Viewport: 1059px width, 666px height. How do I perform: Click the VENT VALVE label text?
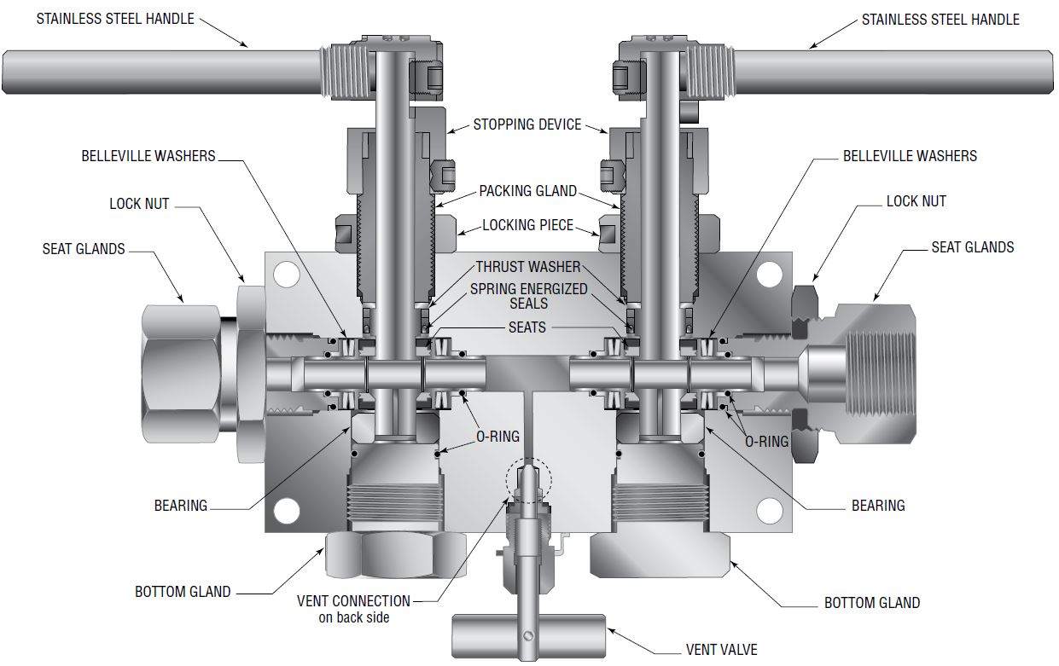[x=721, y=649]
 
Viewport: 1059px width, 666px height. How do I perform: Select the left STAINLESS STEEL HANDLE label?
[x=115, y=18]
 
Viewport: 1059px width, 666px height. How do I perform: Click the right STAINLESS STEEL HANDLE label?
[x=940, y=19]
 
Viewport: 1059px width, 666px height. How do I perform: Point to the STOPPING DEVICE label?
[x=527, y=125]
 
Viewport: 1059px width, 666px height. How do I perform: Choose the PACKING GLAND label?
[x=527, y=190]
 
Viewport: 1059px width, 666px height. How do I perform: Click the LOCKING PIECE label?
[x=527, y=225]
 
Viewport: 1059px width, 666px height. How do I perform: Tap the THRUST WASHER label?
[x=527, y=267]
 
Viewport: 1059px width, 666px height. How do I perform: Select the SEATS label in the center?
[x=527, y=327]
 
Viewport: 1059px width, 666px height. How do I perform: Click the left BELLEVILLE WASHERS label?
[x=148, y=156]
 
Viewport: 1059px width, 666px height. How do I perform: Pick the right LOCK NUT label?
[x=916, y=201]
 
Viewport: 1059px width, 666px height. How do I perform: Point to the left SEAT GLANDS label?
[x=84, y=249]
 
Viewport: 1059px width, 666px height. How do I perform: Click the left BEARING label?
[x=181, y=505]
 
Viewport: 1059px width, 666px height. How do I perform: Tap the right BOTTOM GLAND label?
[x=871, y=603]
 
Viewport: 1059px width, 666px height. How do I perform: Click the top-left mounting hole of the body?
[x=286, y=274]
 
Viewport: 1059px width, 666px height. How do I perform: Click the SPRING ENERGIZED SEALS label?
[x=528, y=296]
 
